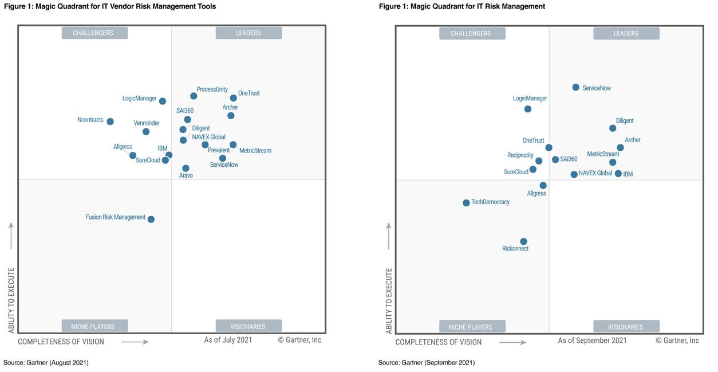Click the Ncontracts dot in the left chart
pyautogui.click(x=110, y=122)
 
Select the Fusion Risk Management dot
pyautogui.click(x=151, y=219)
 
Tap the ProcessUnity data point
pyautogui.click(x=194, y=96)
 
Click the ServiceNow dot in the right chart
pyautogui.click(x=575, y=87)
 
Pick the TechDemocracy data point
pyautogui.click(x=466, y=203)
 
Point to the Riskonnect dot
pyautogui.click(x=523, y=241)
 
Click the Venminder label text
pyautogui.click(x=146, y=123)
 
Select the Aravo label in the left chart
pyautogui.click(x=186, y=175)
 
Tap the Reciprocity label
pyautogui.click(x=520, y=155)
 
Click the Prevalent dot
pyautogui.click(x=205, y=145)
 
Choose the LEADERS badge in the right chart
pyautogui.click(x=626, y=33)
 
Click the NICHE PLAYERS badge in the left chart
pyautogui.click(x=95, y=326)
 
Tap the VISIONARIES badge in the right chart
pyautogui.click(x=626, y=327)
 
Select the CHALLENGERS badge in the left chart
pyautogui.click(x=95, y=33)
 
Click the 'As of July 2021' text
pyautogui.click(x=228, y=340)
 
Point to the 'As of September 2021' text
pyautogui.click(x=592, y=340)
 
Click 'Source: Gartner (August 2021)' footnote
pyautogui.click(x=46, y=362)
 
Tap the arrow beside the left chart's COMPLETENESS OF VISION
pyautogui.click(x=135, y=342)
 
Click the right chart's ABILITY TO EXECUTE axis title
pyautogui.click(x=389, y=301)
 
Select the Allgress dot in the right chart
pyautogui.click(x=543, y=185)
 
